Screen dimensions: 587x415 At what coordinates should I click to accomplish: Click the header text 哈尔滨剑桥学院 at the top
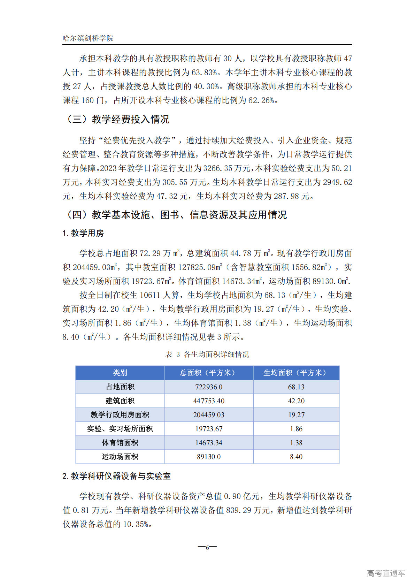click(88, 38)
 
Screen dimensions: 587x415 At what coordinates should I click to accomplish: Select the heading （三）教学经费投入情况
click(117, 120)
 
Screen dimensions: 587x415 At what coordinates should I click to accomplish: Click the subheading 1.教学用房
click(83, 233)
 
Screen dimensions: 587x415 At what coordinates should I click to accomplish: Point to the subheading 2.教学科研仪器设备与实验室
click(116, 476)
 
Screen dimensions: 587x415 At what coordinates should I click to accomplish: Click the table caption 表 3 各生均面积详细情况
click(207, 355)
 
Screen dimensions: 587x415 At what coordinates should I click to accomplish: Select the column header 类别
click(120, 373)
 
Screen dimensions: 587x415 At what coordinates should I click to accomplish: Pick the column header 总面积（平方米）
click(208, 373)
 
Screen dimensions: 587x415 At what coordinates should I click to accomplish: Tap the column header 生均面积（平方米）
click(296, 373)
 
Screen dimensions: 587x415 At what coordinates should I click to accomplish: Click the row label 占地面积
click(120, 387)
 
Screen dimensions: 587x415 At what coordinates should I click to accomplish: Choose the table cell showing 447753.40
click(209, 401)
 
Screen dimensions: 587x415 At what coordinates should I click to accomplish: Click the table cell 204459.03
click(209, 415)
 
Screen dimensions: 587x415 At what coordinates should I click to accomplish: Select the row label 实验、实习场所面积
click(120, 429)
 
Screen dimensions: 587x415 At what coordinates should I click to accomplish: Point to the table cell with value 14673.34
click(209, 443)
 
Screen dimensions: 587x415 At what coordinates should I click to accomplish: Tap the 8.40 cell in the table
click(296, 457)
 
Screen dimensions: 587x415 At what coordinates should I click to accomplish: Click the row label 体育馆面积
click(120, 443)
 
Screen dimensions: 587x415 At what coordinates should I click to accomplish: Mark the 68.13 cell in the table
click(296, 387)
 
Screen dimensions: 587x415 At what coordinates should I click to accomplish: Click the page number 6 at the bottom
click(207, 548)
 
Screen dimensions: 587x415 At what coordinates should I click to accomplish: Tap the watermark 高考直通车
click(386, 573)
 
